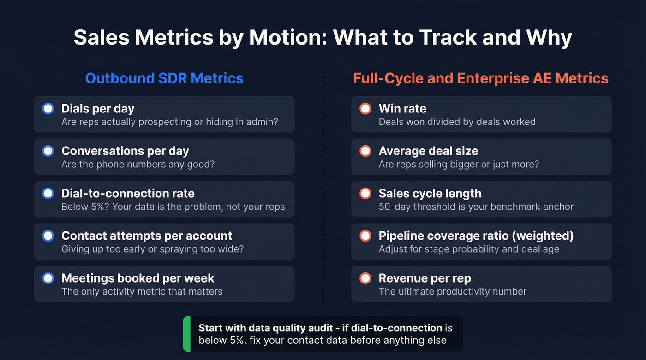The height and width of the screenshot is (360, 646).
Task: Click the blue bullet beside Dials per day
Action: coord(48,109)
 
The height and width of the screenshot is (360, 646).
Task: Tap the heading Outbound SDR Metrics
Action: coord(164,78)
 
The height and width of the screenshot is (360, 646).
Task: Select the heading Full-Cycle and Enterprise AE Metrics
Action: coord(481,78)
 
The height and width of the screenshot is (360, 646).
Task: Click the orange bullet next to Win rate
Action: coord(365,109)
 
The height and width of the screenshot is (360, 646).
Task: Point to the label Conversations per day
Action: coord(125,151)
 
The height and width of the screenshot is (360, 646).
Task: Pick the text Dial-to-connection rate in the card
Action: coord(128,194)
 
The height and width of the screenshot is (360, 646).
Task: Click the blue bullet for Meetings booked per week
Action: coord(48,278)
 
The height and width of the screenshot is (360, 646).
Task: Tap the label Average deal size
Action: coord(428,151)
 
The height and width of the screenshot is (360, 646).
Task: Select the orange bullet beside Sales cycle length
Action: coord(365,194)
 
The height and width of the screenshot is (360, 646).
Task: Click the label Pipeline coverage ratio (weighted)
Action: coord(476,236)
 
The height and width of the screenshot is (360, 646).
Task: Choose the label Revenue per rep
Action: coord(425,278)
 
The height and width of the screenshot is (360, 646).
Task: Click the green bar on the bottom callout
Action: coord(186,334)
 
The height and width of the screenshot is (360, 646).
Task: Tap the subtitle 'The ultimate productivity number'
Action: coord(452,291)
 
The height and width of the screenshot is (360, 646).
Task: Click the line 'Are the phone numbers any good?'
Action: coord(138,164)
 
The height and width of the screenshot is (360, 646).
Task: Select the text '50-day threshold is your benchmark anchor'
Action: coord(476,207)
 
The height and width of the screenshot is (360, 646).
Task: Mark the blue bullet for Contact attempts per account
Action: coord(48,236)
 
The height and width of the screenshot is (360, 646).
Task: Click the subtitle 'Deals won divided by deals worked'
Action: coord(457,122)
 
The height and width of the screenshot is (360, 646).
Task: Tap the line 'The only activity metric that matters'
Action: coord(142,291)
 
